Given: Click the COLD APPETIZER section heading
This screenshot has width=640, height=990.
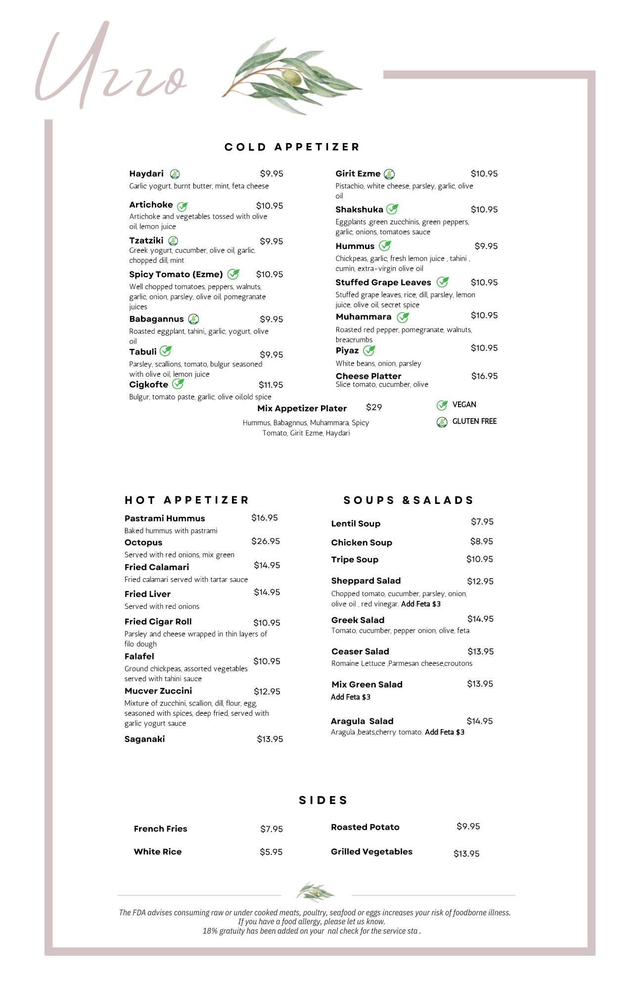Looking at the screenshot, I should click(292, 147).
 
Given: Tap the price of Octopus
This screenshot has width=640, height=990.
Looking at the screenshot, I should click(265, 541).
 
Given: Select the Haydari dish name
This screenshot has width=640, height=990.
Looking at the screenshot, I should click(146, 174).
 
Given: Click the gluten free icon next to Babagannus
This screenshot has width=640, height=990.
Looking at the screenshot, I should click(193, 319).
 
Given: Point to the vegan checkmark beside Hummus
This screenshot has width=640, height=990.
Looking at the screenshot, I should click(385, 246).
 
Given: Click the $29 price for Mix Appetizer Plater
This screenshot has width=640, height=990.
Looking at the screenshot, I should click(374, 407).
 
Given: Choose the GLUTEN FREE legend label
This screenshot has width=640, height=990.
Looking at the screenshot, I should click(474, 421).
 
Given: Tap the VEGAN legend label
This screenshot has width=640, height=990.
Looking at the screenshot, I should click(464, 404).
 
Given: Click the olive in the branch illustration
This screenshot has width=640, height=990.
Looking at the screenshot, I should click(292, 77).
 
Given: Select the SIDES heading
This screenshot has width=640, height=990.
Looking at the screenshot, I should click(323, 800).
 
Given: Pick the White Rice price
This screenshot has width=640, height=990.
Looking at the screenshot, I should click(271, 852).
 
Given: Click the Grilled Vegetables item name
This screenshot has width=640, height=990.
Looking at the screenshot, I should click(371, 851).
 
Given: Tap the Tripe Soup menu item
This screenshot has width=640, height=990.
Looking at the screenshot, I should click(355, 559).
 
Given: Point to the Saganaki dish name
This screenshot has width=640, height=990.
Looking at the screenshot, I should click(144, 739).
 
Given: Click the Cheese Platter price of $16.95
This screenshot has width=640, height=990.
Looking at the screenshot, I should click(484, 376).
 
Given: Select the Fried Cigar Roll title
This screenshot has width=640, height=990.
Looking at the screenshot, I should click(158, 622).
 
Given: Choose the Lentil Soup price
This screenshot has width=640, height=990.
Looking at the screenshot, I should click(482, 522).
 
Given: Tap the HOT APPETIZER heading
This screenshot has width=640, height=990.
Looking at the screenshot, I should click(186, 500).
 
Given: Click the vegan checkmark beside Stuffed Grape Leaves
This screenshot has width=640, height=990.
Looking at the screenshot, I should click(443, 282).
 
